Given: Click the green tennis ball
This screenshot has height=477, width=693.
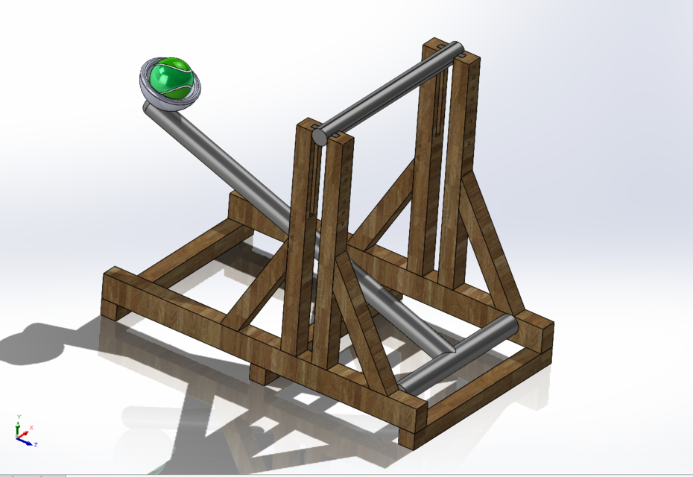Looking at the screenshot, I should point(172,78).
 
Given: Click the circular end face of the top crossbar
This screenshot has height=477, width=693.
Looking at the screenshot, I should point(319,135).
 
